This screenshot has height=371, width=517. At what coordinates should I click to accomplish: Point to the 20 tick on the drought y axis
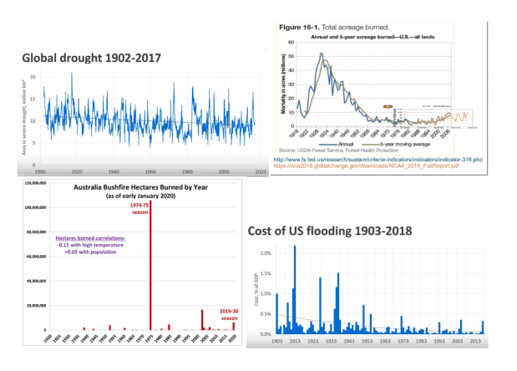tap(33, 77)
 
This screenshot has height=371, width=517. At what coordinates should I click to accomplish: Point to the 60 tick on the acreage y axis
tap(291, 42)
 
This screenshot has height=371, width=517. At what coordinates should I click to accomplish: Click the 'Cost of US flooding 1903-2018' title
tap(327, 231)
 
